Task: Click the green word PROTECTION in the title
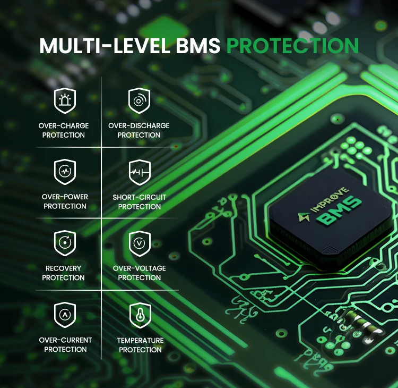(292, 46)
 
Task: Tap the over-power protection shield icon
(65, 172)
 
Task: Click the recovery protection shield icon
(65, 243)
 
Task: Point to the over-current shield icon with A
(65, 315)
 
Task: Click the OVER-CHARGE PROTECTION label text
(64, 130)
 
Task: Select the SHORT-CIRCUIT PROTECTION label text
(140, 201)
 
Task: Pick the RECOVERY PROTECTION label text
(64, 273)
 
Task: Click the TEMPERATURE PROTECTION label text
(140, 345)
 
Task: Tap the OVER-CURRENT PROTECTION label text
(65, 344)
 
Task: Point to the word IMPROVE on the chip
(330, 199)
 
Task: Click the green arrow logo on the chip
(304, 217)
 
